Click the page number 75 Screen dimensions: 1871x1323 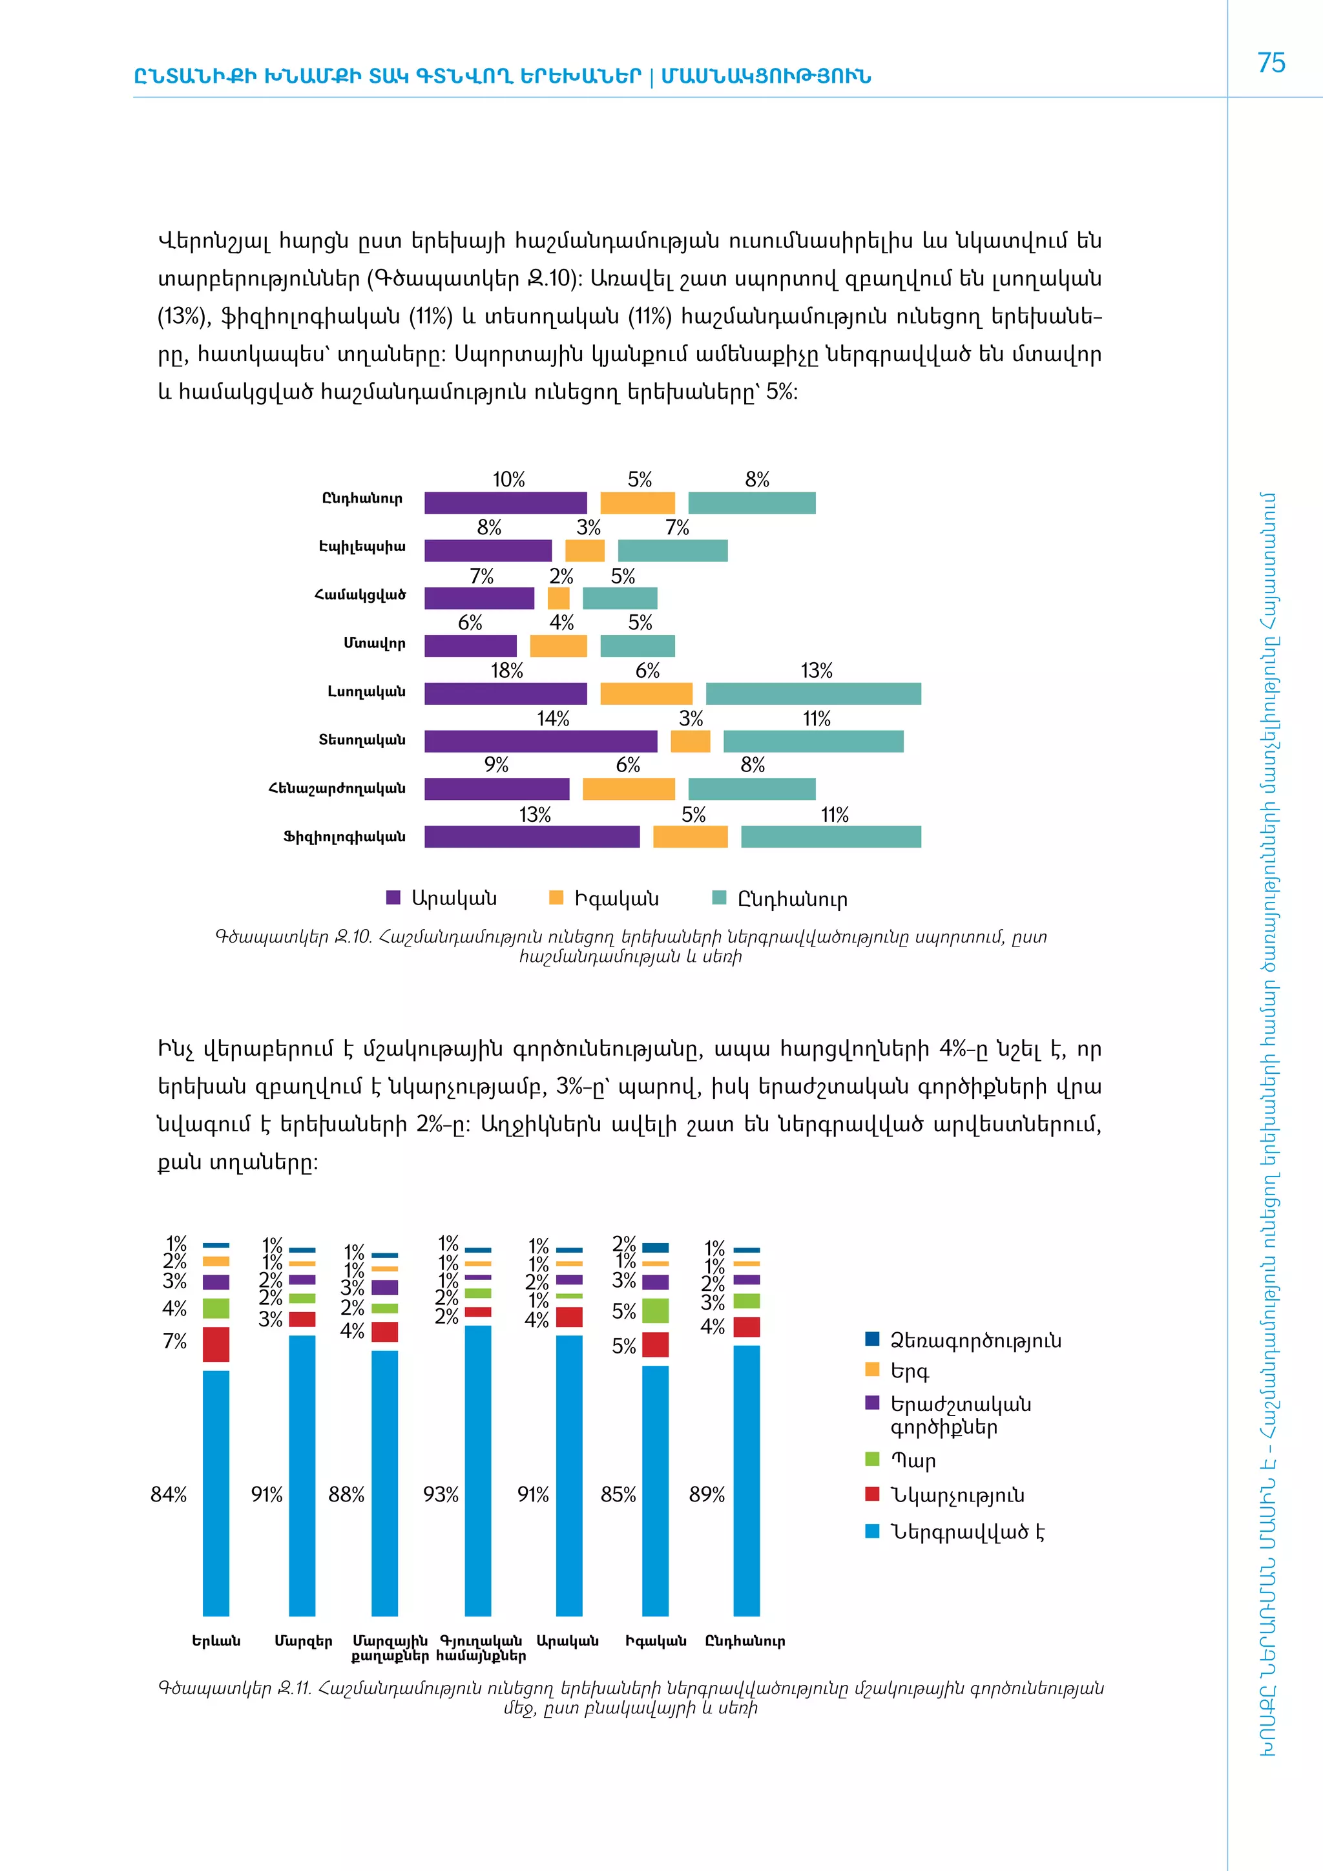coord(1271,63)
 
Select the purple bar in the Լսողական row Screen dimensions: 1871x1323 coord(505,693)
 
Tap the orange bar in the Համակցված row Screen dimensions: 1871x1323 coord(558,599)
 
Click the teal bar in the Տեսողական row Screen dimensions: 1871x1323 coord(813,742)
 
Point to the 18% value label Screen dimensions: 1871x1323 coord(506,671)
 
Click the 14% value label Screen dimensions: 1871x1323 coord(552,718)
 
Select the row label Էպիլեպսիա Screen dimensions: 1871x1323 coord(362,547)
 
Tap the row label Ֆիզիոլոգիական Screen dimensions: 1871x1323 coord(344,837)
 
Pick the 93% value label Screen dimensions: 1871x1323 coord(440,1494)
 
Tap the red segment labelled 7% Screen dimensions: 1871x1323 coord(216,1344)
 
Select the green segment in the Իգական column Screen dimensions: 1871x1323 coord(655,1310)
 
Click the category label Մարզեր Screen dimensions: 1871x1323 coord(303,1641)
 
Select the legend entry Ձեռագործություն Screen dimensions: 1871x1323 coord(974,1341)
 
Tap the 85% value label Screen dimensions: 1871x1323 coord(618,1494)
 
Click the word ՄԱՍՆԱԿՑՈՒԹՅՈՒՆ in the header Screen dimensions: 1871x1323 coord(766,77)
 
